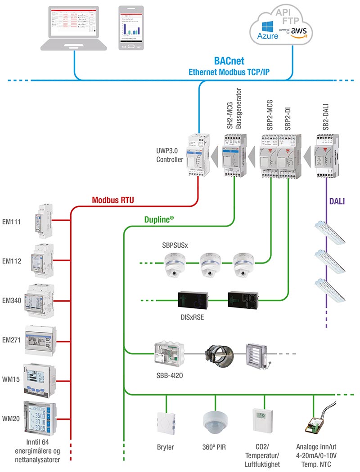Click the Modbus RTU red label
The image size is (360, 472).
pos(112,200)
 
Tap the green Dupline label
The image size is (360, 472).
pos(159,220)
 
